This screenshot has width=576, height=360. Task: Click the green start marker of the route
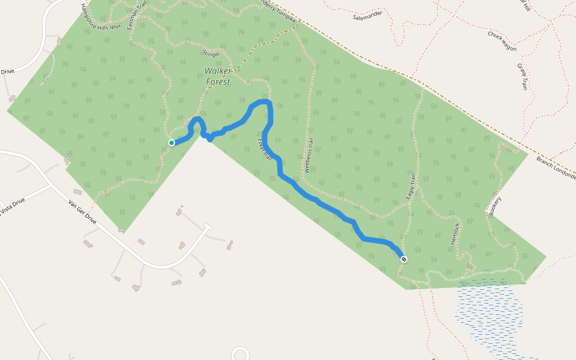pos(172,143)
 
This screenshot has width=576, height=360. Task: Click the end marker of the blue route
pos(404,259)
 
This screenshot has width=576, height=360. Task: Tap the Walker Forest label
pos(218,76)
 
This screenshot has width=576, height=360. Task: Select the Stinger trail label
pos(211,53)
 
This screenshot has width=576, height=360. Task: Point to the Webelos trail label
pos(310,157)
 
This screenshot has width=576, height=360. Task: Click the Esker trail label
pos(265,150)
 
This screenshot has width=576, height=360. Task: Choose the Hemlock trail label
pos(455,233)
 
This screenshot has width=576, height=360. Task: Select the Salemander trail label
pos(368,17)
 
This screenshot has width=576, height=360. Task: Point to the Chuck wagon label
pos(502,41)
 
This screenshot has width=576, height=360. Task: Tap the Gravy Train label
pos(522,77)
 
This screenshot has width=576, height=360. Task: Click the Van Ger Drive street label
pos(82,211)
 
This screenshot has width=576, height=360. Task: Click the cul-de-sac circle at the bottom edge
pos(240,354)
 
